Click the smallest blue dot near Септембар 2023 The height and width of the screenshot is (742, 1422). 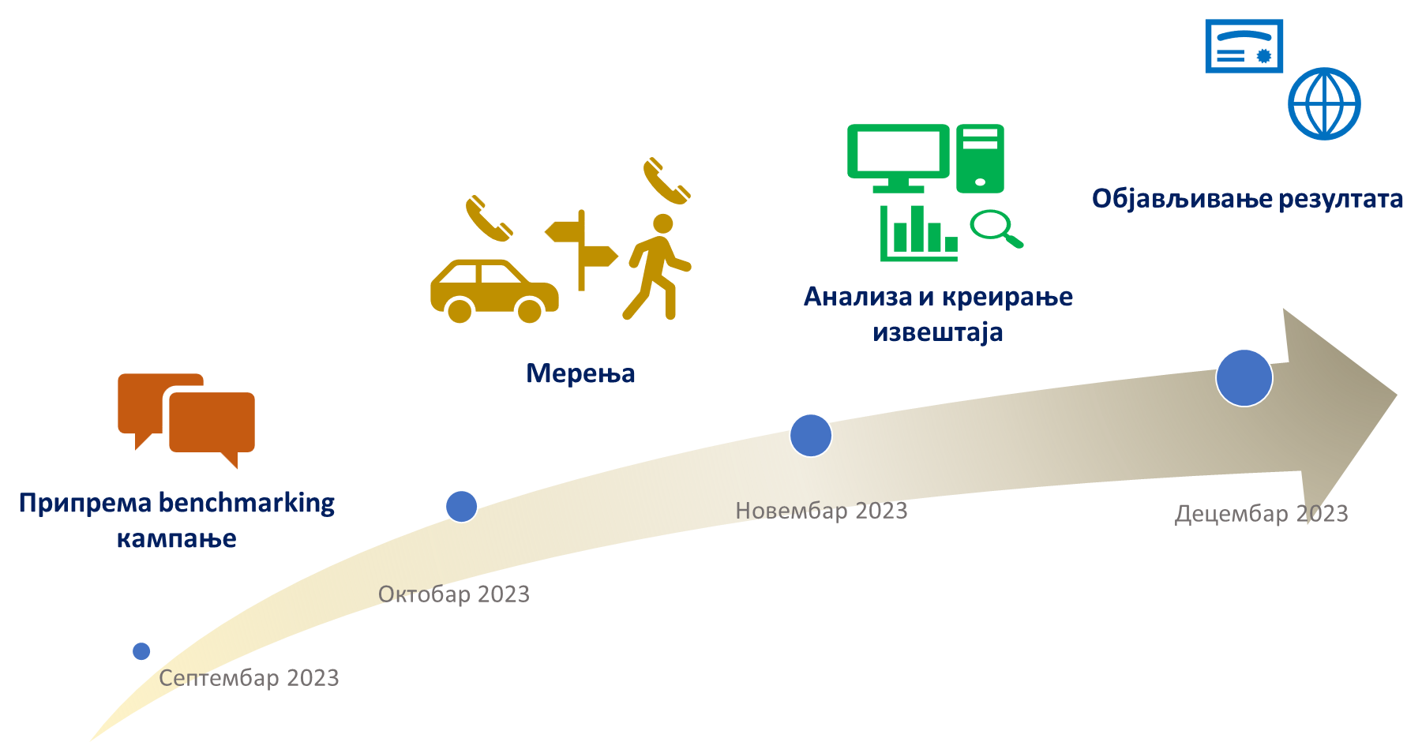141,651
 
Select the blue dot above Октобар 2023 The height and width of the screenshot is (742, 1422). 461,506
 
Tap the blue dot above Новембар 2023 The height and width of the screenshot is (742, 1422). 811,435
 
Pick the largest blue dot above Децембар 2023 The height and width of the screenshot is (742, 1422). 1244,377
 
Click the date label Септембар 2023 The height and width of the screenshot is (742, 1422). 249,678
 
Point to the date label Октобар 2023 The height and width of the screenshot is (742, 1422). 454,594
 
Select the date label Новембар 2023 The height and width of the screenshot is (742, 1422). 821,511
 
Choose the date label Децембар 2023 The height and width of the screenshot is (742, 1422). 1261,514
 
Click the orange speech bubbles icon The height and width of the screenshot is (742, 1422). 187,418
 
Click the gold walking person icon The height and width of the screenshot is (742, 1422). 657,268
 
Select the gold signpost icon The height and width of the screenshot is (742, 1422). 581,249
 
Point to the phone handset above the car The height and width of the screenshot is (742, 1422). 488,218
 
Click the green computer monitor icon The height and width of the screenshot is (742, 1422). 899,156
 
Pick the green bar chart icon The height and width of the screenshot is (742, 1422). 919,233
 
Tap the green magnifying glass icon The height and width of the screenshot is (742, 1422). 995,228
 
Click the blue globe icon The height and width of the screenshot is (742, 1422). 1324,103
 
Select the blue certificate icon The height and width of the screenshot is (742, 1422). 1244,47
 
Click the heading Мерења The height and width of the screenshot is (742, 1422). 580,373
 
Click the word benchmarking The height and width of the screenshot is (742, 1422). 246,503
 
